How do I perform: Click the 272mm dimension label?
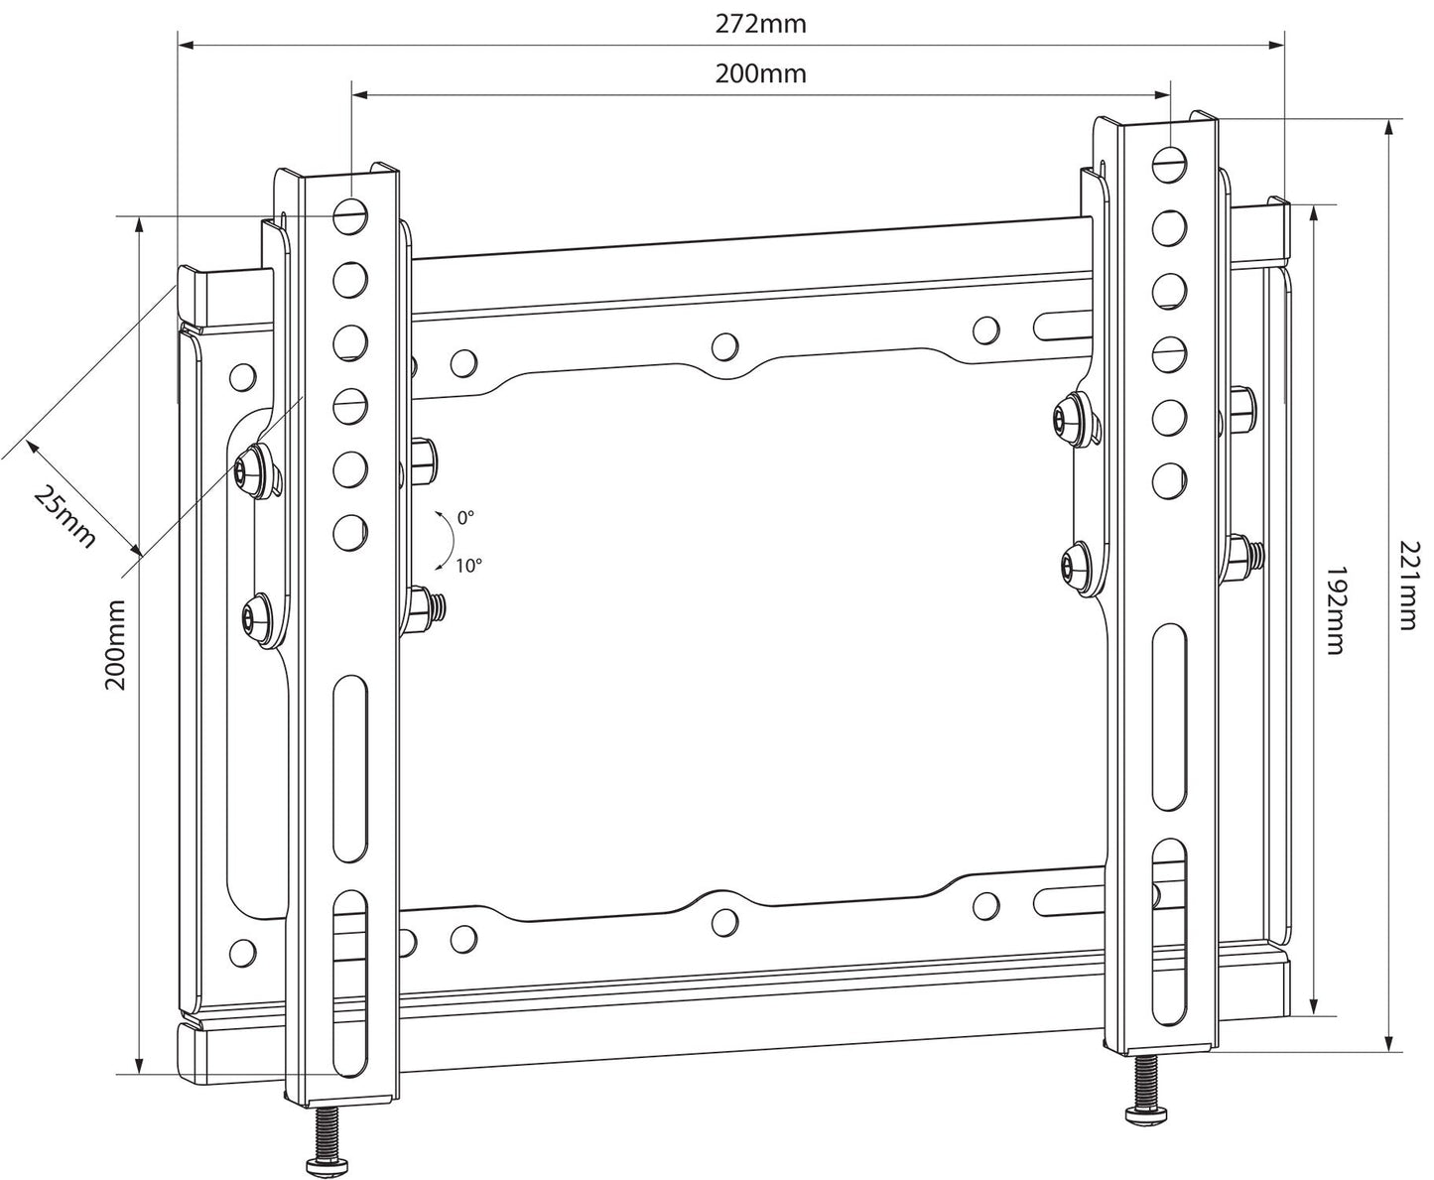coord(761,24)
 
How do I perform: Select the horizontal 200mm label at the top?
coord(761,73)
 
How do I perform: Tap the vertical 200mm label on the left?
coord(116,644)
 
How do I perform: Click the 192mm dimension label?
coord(1335,610)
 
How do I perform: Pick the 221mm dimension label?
coord(1408,586)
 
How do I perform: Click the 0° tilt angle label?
coord(465,517)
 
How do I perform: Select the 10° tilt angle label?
coord(468,566)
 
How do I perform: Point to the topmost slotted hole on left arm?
coord(349,213)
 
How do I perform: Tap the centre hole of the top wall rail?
coord(725,345)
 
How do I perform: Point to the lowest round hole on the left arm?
coord(349,532)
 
